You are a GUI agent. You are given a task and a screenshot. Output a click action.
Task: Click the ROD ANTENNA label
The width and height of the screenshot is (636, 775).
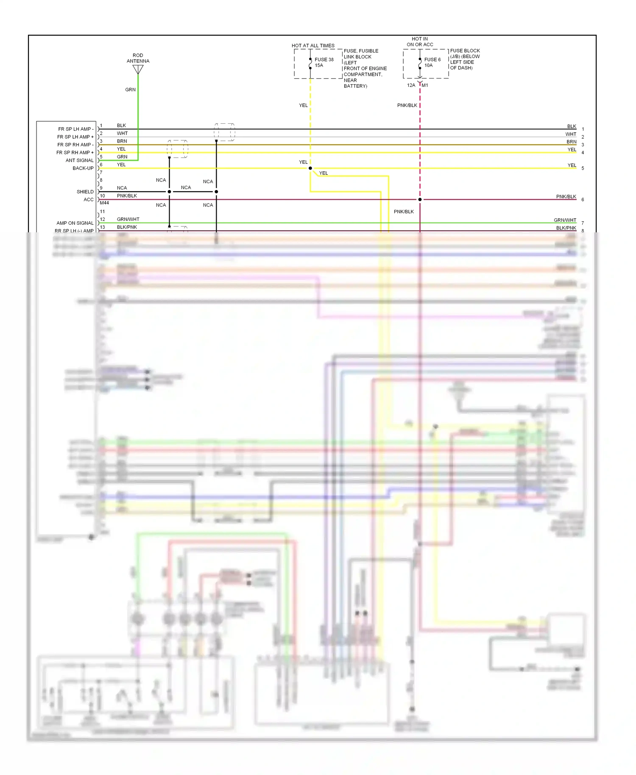pyautogui.click(x=138, y=58)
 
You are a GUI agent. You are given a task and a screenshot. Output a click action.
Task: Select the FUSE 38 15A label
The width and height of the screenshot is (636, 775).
pyautogui.click(x=324, y=62)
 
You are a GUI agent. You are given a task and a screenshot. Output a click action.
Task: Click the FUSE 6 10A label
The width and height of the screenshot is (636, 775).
pyautogui.click(x=432, y=62)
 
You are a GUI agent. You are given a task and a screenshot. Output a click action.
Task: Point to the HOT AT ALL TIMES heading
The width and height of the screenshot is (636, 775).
pyautogui.click(x=313, y=45)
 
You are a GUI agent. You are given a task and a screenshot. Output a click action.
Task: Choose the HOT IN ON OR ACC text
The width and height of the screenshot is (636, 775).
pyautogui.click(x=420, y=42)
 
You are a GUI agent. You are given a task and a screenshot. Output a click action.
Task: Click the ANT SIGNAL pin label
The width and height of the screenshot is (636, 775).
pyautogui.click(x=79, y=160)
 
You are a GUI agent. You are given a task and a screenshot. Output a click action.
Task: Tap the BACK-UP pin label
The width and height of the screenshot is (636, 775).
pyautogui.click(x=83, y=168)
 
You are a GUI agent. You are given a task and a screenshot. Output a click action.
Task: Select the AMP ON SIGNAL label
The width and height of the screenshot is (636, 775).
pyautogui.click(x=75, y=223)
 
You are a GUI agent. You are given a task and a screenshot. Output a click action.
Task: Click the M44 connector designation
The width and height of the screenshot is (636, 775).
pyautogui.click(x=104, y=203)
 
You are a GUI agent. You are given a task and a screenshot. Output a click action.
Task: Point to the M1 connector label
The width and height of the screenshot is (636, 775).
pyautogui.click(x=425, y=85)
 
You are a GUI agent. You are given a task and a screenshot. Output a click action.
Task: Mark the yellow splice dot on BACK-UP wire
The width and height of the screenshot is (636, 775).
pyautogui.click(x=310, y=168)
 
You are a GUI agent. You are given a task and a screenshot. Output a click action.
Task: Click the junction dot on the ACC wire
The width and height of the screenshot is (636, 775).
pyautogui.click(x=420, y=199)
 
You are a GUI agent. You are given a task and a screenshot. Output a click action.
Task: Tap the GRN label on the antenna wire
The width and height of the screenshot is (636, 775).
pyautogui.click(x=130, y=89)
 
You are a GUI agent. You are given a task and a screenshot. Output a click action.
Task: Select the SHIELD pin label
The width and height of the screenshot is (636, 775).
pyautogui.click(x=85, y=192)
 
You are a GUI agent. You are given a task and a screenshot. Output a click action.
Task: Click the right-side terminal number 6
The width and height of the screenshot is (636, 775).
pyautogui.click(x=583, y=200)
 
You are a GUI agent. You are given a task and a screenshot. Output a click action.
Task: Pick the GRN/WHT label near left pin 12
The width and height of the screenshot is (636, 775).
pyautogui.click(x=128, y=219)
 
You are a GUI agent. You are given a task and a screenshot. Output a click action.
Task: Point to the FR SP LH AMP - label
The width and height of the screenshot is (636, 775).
pyautogui.click(x=75, y=129)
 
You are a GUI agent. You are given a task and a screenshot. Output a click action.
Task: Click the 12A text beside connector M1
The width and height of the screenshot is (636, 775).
pyautogui.click(x=411, y=85)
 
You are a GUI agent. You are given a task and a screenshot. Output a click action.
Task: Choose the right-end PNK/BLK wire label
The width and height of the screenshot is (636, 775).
pyautogui.click(x=566, y=197)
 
